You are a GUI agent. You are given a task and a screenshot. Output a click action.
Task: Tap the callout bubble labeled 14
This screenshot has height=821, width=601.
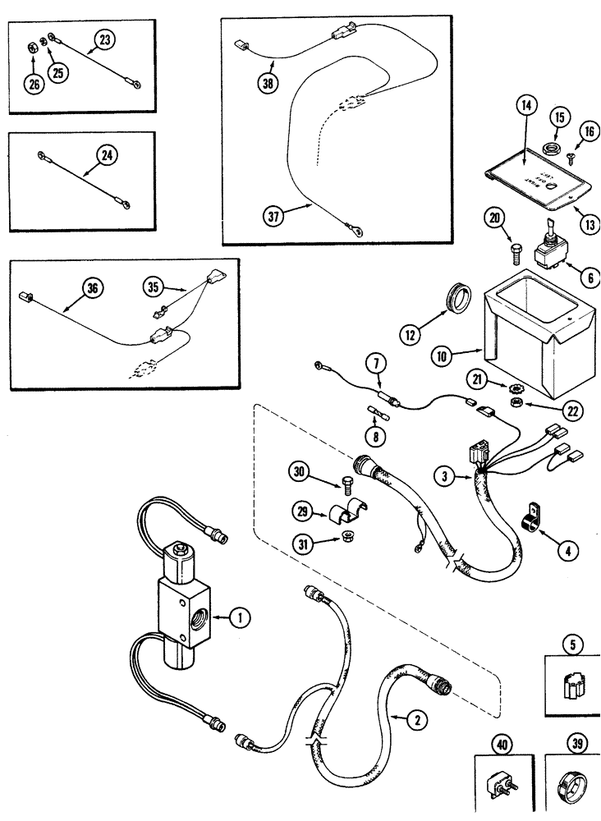[x=525, y=105]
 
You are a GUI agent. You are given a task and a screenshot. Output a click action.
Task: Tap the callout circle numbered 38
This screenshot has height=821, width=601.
[x=266, y=84]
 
